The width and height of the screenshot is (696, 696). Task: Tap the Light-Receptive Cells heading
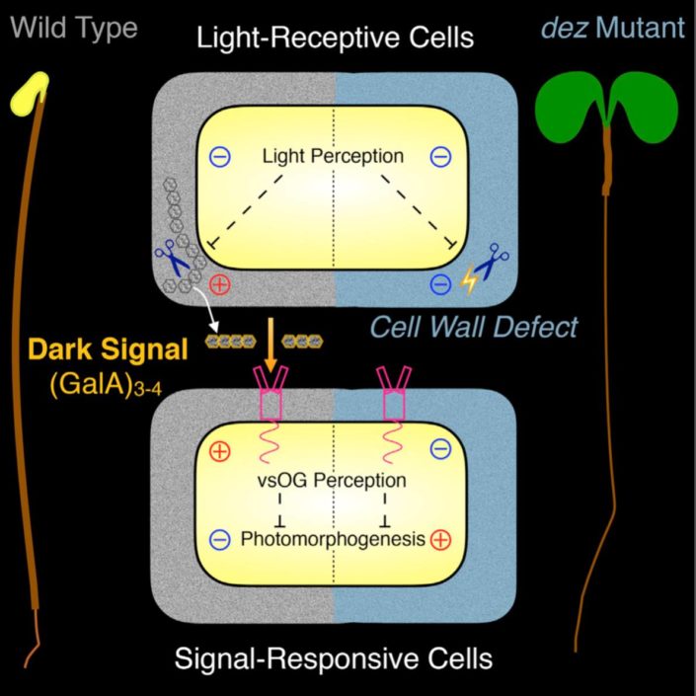tap(335, 39)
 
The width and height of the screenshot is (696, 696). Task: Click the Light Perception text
tap(334, 156)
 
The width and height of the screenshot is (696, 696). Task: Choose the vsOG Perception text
tap(328, 481)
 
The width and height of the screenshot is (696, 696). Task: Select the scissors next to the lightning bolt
tap(492, 270)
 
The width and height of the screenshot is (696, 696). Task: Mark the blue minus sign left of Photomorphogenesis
tap(221, 539)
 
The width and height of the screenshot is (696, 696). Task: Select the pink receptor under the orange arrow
tap(268, 400)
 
